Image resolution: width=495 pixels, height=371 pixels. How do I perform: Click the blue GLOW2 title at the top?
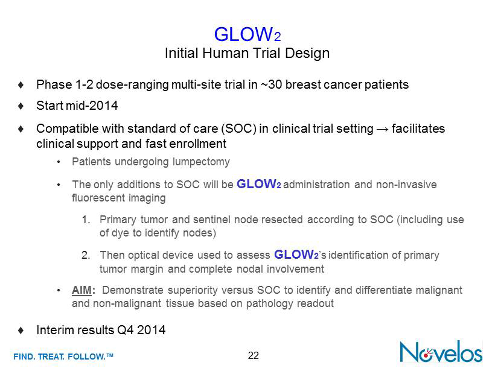[x=247, y=34]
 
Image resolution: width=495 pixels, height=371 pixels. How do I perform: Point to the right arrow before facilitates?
[x=382, y=129]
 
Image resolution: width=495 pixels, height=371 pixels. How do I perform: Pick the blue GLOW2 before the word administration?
[x=259, y=184]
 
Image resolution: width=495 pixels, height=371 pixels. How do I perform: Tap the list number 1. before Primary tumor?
[x=86, y=220]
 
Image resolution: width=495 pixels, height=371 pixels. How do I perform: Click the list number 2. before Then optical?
[x=86, y=255]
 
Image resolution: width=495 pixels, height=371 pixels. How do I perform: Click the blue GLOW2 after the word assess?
[x=296, y=255]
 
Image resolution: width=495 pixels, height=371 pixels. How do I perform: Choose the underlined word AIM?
[x=81, y=290]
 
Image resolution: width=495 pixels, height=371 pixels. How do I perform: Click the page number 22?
[x=253, y=355]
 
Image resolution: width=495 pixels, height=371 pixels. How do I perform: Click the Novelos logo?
[x=441, y=352]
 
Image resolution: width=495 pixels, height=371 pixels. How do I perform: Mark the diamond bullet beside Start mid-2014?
[x=21, y=106]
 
